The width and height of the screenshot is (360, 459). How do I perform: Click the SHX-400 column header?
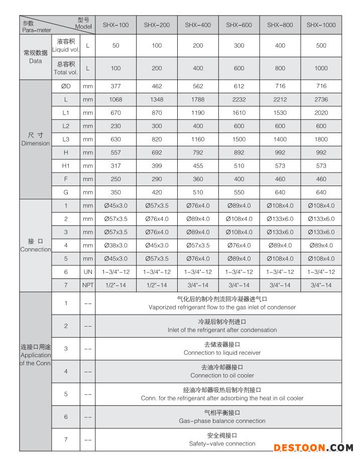[198, 25]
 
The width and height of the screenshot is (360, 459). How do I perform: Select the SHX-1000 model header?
[321, 25]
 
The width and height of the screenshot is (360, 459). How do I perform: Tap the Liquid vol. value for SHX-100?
[116, 46]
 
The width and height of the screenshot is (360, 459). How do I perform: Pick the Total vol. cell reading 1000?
[321, 68]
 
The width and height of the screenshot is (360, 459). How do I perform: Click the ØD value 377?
[116, 86]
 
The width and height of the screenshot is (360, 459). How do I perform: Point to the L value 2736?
[321, 99]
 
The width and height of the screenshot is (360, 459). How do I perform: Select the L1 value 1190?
[198, 113]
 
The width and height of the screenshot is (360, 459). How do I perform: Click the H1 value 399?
[157, 166]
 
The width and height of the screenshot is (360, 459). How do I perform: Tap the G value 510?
[198, 192]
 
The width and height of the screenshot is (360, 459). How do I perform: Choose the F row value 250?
[116, 179]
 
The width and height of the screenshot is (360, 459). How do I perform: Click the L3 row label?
[66, 139]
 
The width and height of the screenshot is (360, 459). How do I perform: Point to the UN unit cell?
[88, 272]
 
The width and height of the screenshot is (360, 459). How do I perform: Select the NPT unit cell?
[88, 285]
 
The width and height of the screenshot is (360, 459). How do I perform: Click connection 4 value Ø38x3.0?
[116, 245]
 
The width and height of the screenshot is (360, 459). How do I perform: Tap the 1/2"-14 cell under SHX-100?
[116, 285]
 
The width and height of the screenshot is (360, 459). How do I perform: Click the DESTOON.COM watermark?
[313, 447]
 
